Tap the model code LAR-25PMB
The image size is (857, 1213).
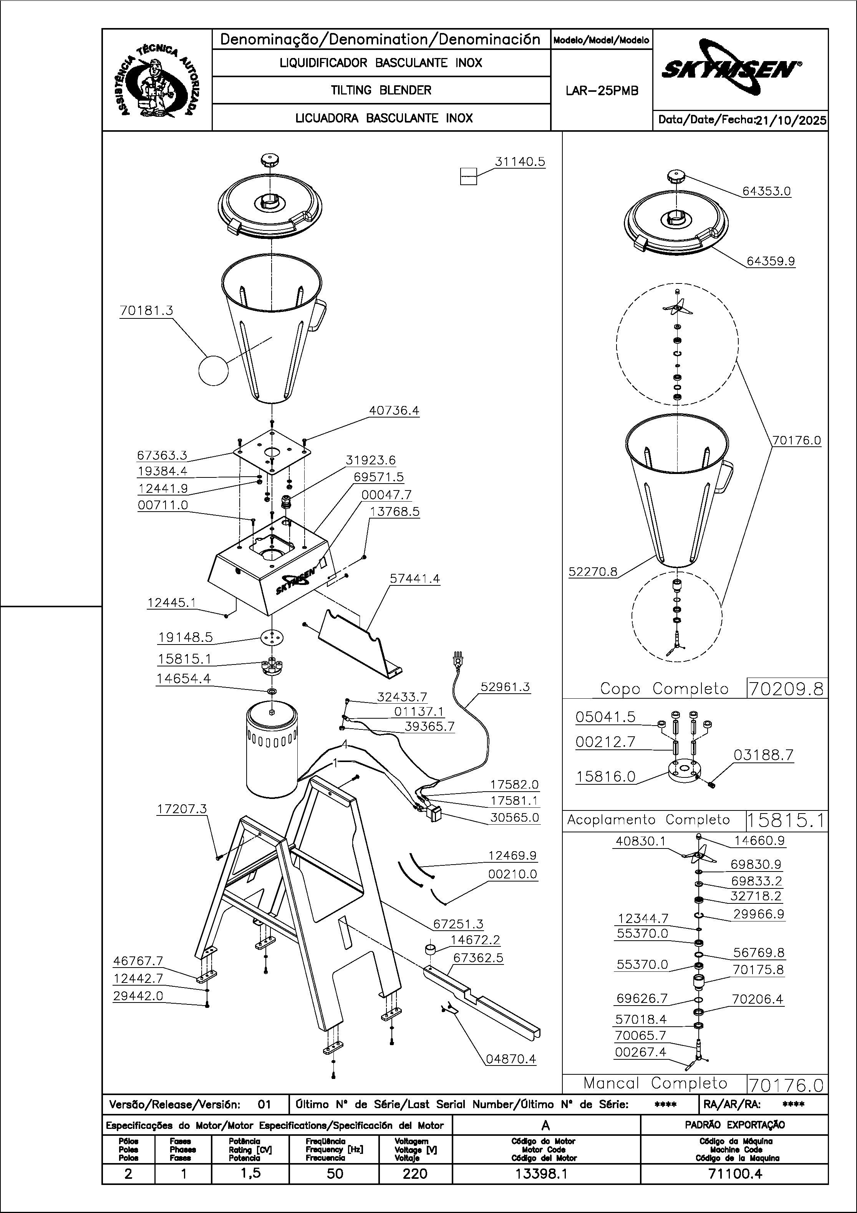pos(602,91)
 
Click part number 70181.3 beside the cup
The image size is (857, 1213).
pos(146,311)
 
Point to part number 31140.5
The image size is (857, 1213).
pos(520,162)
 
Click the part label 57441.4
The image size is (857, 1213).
pos(415,578)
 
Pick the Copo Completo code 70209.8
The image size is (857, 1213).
pos(787,689)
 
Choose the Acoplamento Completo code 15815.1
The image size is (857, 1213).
pos(787,820)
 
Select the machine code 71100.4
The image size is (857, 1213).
pos(734,1173)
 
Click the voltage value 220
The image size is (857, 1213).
pos(415,1173)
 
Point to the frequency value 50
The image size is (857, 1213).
pos(335,1173)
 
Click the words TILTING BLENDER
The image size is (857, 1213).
pos(381,90)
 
